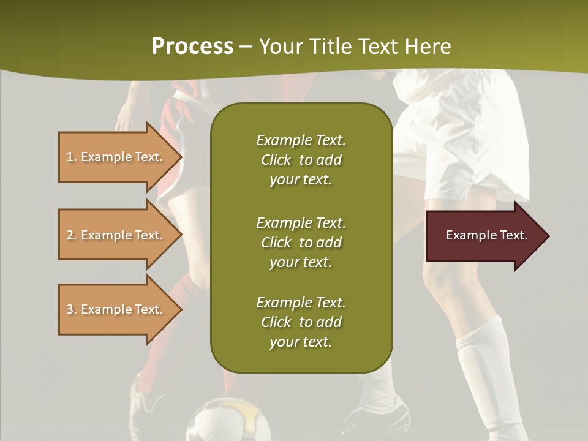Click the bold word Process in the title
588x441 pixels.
click(192, 47)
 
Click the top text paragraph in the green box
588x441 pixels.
click(301, 160)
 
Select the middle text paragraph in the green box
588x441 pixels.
click(301, 243)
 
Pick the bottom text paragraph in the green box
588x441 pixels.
click(301, 322)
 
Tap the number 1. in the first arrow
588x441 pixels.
click(72, 157)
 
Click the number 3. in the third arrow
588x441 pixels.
click(72, 309)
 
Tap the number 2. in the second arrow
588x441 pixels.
click(72, 235)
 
